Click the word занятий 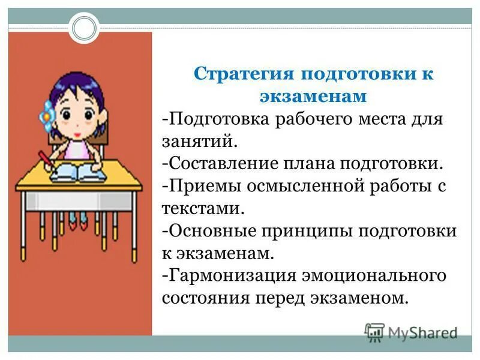(200, 141)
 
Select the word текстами (203, 208)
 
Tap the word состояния (199, 298)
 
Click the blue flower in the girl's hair (45, 110)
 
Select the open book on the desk (80, 174)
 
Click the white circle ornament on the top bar (83, 27)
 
